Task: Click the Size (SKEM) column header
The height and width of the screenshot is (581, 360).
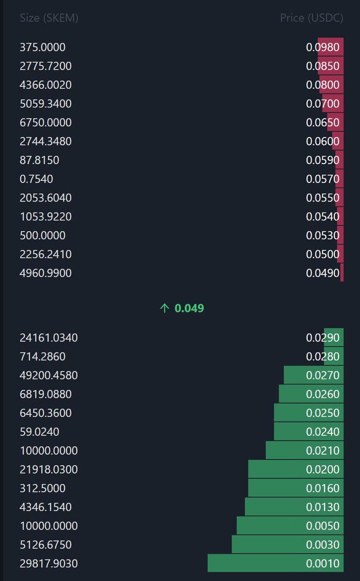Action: (49, 18)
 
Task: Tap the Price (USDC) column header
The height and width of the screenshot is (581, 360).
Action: (312, 18)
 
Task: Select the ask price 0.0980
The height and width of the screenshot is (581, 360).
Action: (323, 47)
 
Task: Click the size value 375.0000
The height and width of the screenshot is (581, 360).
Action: (43, 47)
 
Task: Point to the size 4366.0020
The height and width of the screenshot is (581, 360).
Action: (46, 85)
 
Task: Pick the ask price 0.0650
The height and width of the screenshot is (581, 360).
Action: (323, 123)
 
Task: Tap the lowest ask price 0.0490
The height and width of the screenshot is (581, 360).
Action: (323, 274)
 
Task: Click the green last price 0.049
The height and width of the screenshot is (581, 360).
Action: (189, 308)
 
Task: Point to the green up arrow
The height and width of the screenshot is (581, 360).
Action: (164, 308)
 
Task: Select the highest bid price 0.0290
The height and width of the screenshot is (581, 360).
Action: (323, 337)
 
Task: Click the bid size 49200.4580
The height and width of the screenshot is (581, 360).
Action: (48, 376)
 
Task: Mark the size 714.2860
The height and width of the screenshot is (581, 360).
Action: (43, 357)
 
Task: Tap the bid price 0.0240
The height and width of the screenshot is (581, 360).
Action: (323, 432)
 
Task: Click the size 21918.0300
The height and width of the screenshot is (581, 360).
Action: (48, 470)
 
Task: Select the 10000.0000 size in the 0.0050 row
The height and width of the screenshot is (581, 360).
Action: (48, 526)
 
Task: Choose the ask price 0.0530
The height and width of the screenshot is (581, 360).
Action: (323, 236)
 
